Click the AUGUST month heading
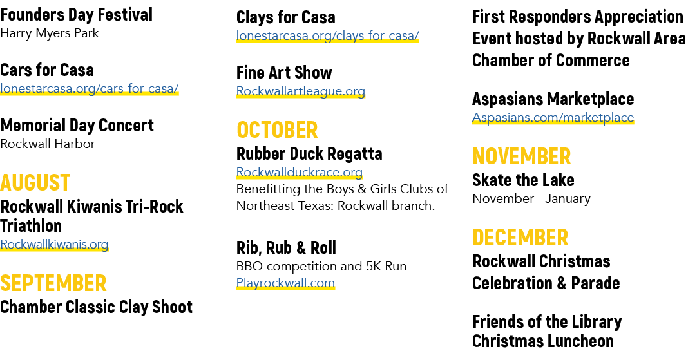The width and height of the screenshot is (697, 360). [x=35, y=183]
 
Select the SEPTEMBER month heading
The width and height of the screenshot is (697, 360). [x=53, y=283]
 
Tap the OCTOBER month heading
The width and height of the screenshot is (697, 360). [x=277, y=130]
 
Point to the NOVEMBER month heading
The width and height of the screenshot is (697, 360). [x=521, y=156]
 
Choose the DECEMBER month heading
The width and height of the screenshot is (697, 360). [x=520, y=238]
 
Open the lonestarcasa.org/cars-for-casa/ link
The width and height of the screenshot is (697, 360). [x=90, y=88]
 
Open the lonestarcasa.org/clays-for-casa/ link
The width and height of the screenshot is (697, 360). [x=328, y=35]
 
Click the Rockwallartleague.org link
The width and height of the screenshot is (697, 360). [x=301, y=91]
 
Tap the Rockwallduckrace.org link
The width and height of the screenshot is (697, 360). [x=300, y=172]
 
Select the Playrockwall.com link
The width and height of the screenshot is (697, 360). [x=285, y=283]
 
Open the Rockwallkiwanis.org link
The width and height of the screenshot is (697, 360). [x=54, y=245]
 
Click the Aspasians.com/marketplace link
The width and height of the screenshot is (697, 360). [x=553, y=117]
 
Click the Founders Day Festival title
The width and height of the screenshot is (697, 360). [x=77, y=15]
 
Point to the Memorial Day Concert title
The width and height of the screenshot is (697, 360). [x=77, y=126]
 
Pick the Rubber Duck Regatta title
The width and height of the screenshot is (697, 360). [x=309, y=154]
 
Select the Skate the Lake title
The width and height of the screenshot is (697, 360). [x=523, y=180]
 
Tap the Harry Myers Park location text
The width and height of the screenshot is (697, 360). [x=50, y=33]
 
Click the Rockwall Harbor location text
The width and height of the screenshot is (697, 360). [x=48, y=144]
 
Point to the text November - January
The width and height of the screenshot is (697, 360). [x=531, y=198]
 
